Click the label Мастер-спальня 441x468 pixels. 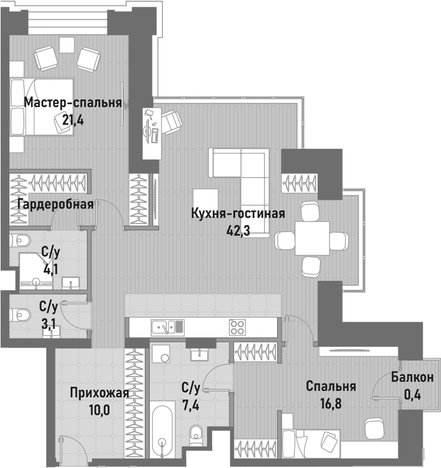(73, 103)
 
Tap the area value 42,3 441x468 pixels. (238, 230)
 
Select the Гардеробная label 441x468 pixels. (56, 204)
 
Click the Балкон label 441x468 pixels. (412, 377)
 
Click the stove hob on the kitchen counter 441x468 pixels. (238, 326)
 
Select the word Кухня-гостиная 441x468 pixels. (238, 214)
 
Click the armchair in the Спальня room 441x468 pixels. (374, 429)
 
